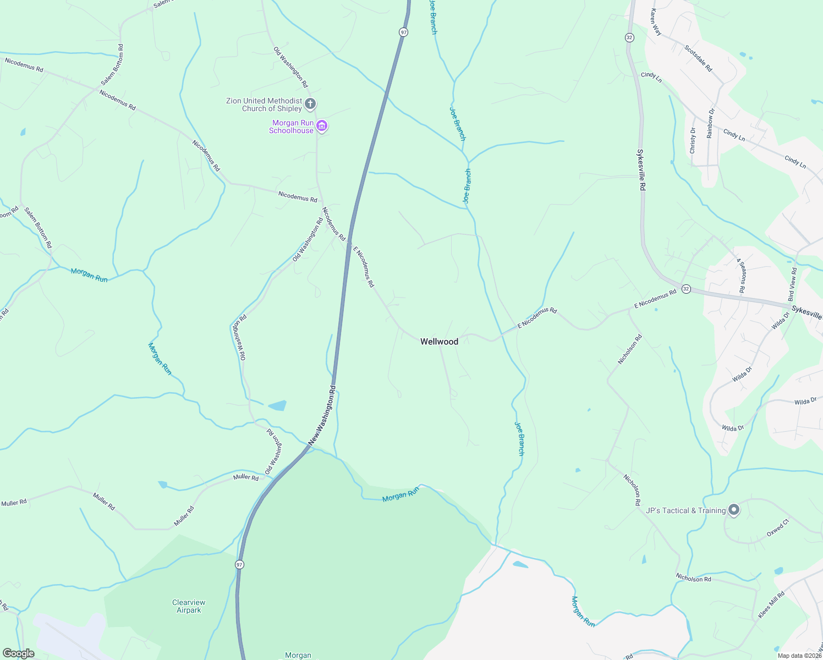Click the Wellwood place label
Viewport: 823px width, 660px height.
click(439, 342)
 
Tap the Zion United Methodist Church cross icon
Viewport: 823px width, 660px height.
click(310, 103)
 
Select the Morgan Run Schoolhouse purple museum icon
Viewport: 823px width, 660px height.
click(322, 127)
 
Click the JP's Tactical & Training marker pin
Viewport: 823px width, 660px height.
click(733, 510)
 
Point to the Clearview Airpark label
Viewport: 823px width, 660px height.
click(189, 606)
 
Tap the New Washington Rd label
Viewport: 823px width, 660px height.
click(322, 415)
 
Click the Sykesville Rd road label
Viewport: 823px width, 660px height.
click(641, 170)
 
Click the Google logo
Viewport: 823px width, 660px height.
click(18, 653)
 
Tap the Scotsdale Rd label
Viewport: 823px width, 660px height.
click(698, 58)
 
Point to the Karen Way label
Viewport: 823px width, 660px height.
click(655, 22)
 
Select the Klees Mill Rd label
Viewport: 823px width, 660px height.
click(771, 604)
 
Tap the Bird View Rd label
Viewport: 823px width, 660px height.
click(793, 283)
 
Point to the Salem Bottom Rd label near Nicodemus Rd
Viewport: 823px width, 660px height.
click(112, 65)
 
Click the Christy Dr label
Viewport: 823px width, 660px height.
click(693, 140)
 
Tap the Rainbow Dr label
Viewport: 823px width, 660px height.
click(710, 123)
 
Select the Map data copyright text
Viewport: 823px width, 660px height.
click(799, 656)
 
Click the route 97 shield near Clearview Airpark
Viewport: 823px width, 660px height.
click(239, 565)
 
